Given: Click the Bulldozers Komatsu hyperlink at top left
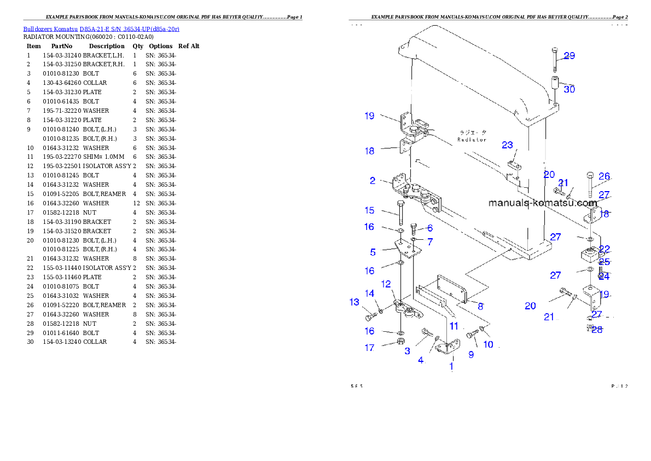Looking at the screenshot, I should (101, 29).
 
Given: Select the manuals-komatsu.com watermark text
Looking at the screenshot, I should (542, 203).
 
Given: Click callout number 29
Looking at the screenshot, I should (569, 56).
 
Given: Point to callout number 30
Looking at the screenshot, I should (569, 89).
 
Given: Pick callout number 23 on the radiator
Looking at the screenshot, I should (508, 145).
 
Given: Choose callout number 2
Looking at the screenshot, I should (372, 180).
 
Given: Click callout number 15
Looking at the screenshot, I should (370, 210).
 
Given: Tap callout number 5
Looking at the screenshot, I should (373, 252).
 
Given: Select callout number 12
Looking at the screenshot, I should (386, 284).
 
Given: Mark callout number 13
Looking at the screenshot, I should (354, 302).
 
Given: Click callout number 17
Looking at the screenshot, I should (370, 348).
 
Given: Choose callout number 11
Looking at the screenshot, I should (454, 326).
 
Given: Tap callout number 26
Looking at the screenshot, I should (604, 176).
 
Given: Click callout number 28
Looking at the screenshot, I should (597, 330).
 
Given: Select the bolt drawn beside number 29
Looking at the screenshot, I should (554, 58).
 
